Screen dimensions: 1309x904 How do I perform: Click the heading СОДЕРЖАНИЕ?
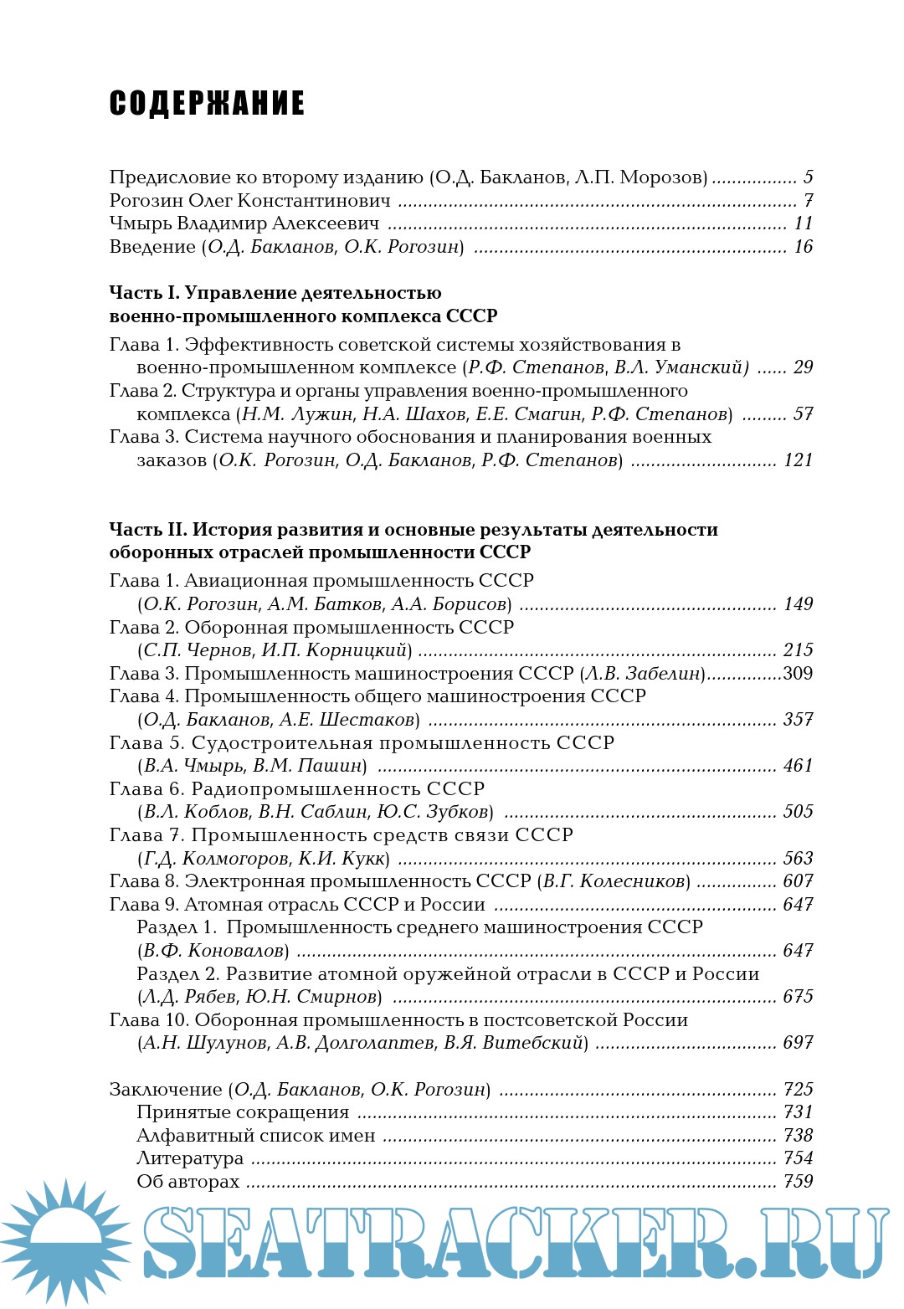tap(207, 104)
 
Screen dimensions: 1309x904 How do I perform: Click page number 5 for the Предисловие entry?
tap(808, 177)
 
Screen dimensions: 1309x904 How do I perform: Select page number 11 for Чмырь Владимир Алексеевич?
tap(804, 223)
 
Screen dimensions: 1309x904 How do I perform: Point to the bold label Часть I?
tap(144, 293)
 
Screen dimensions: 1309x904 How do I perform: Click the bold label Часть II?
tap(147, 530)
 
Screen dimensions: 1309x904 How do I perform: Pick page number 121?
tap(798, 460)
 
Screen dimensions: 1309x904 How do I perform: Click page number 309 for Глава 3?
tap(798, 674)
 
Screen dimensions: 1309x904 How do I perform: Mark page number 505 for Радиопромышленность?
tap(798, 812)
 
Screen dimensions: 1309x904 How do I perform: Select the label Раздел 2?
tap(177, 974)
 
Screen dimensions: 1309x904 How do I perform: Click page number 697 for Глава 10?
tap(798, 1043)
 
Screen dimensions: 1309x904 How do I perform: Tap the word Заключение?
tap(165, 1090)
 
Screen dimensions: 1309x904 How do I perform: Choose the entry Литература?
tap(190, 1158)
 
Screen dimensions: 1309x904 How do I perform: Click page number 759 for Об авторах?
tap(798, 1182)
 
